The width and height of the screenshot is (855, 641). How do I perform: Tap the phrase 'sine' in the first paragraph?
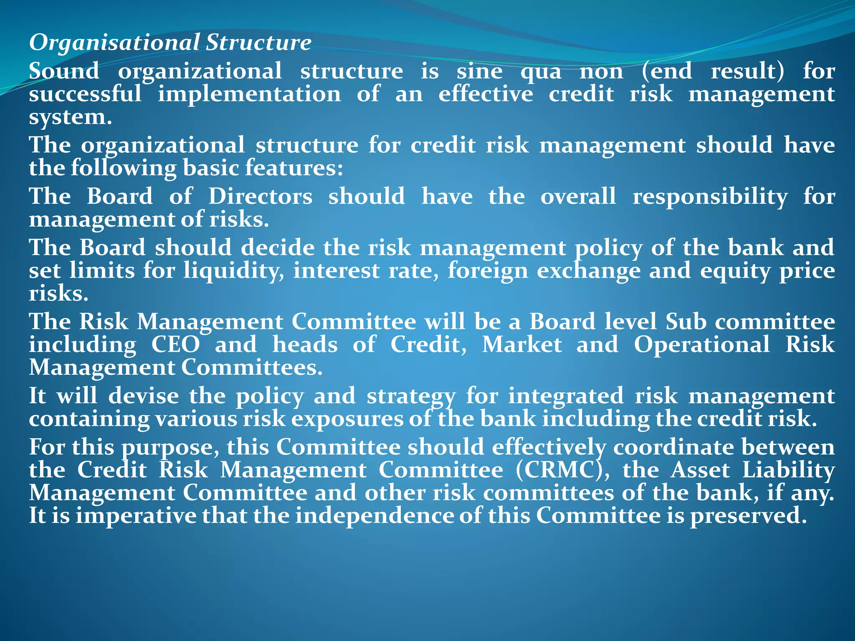point(479,71)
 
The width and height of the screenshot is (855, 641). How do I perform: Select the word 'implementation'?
point(249,94)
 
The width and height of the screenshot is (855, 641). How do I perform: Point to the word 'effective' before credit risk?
point(486,94)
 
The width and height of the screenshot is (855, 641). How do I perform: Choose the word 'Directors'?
point(260,197)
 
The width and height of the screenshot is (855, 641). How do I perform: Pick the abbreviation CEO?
point(175,345)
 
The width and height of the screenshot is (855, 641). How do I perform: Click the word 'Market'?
point(522,345)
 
